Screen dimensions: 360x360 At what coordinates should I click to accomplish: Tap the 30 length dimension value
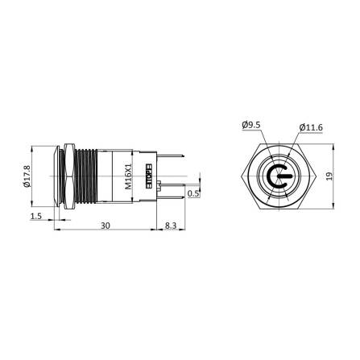pos(106,227)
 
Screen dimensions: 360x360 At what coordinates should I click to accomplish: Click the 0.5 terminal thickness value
pos(192,193)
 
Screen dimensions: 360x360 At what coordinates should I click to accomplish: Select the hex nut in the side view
pos(70,175)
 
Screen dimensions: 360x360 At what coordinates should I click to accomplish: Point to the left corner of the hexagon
pos(240,176)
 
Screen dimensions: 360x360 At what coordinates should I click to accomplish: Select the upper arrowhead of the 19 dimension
pos(333,146)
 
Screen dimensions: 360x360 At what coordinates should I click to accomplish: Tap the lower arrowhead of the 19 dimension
pos(333,205)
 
